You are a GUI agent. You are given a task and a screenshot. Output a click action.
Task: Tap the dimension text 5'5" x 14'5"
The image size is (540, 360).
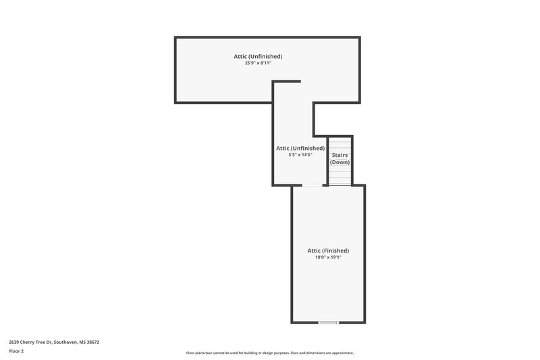[x=300, y=155]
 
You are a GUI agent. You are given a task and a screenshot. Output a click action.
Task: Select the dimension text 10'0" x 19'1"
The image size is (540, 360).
[x=329, y=257]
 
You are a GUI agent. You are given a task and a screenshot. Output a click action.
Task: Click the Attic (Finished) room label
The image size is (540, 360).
[x=329, y=251]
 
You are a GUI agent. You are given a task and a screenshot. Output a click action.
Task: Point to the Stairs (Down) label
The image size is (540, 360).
[x=340, y=158]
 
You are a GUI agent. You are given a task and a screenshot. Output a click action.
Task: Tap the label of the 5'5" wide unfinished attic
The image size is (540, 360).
[x=300, y=148]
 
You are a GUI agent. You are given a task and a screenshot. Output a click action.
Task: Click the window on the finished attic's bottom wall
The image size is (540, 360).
[x=329, y=322]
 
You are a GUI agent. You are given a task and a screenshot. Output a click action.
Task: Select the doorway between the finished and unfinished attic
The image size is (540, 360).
[x=312, y=185]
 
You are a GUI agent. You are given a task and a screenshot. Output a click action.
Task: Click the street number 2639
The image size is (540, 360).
[x=14, y=342]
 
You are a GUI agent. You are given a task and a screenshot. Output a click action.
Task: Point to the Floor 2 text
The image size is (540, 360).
[x=16, y=351]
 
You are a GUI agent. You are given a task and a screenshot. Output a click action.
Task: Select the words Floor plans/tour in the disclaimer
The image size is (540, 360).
[x=199, y=353]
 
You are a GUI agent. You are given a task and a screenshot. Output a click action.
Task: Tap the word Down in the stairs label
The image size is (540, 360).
[x=340, y=162]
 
